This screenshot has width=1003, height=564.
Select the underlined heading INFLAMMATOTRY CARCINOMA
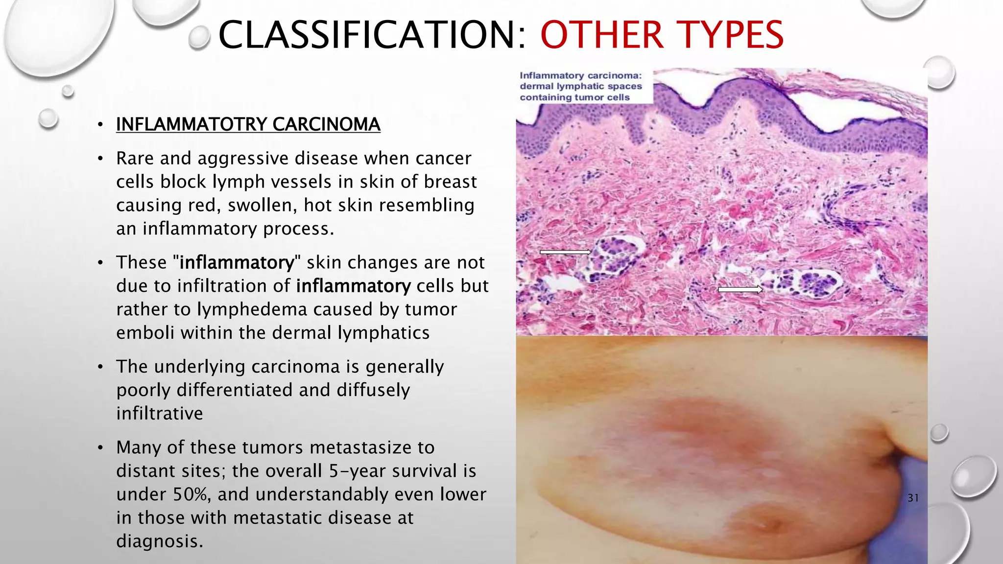(248, 124)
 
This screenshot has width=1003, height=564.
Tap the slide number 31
(913, 498)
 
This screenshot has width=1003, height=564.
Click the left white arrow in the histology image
(565, 252)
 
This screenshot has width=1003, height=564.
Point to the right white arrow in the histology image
(740, 290)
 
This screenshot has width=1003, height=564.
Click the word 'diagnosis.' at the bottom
(159, 541)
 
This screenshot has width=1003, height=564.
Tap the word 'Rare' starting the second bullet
(134, 159)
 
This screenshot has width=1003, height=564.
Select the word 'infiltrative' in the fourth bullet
(159, 414)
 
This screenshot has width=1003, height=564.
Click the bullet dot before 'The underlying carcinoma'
(100, 367)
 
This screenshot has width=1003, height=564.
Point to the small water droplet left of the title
(199, 38)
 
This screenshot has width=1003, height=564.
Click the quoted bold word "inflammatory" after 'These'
(237, 262)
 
